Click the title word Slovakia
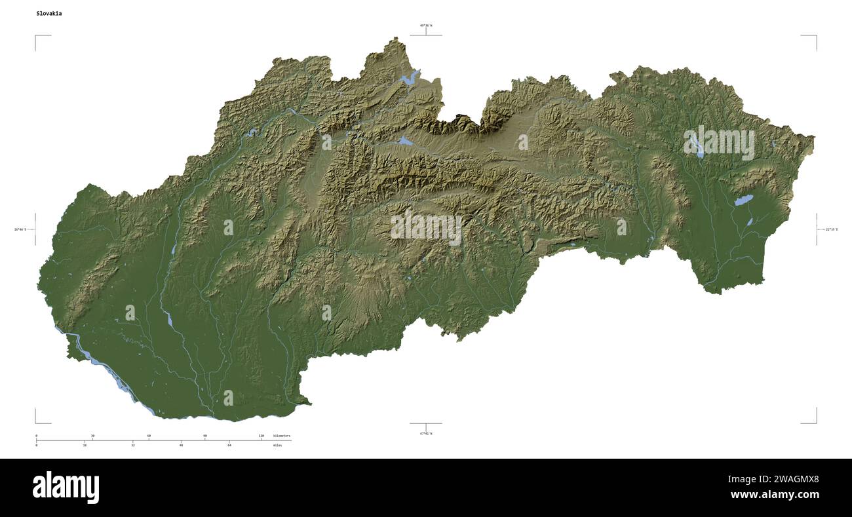49,13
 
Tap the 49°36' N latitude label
426,26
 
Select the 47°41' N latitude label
426,433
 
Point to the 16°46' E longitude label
20,229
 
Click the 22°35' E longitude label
831,229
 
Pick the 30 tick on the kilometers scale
92,436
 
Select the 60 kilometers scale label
149,436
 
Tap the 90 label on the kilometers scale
205,436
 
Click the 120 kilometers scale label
261,436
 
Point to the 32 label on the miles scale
133,446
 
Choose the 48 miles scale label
181,446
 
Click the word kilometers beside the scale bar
282,436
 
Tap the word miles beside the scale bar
278,446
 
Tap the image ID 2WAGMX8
794,479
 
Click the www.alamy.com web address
775,495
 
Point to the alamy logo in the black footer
66,488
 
